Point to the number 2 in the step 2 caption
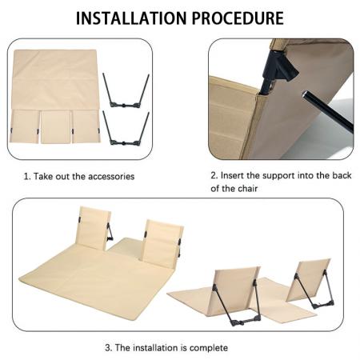[214, 175]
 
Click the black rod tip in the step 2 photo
[306, 95]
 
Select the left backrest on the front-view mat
[91, 229]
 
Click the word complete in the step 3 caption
[210, 347]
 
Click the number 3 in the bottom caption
[108, 347]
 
